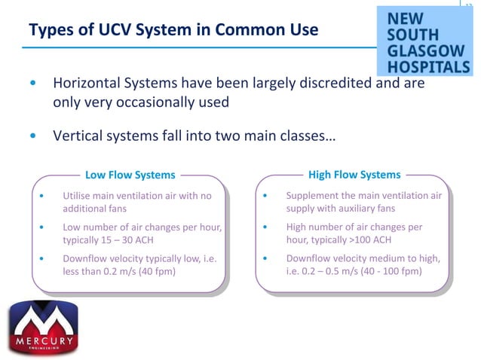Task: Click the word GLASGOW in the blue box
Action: click(x=427, y=50)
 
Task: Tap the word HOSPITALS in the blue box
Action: click(x=428, y=67)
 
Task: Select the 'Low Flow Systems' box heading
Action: click(x=130, y=175)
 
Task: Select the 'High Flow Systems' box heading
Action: click(x=354, y=175)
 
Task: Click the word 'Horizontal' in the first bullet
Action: click(x=84, y=83)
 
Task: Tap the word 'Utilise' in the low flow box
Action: click(x=78, y=196)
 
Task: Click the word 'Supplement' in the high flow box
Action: click(x=313, y=196)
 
